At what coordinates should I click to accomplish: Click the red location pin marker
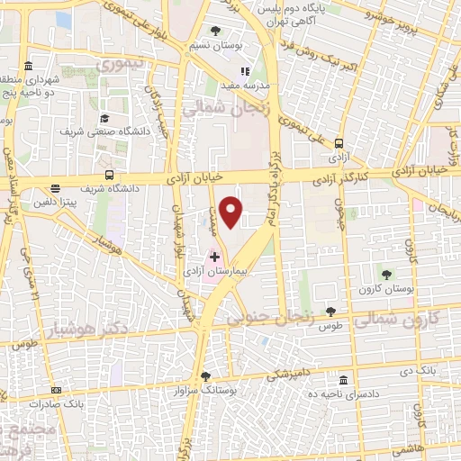click(231, 211)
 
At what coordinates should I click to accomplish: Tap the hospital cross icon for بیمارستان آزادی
click(214, 257)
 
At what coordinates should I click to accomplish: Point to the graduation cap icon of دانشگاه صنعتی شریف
click(104, 118)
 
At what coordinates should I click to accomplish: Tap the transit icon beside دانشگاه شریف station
click(109, 175)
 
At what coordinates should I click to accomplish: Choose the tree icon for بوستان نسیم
click(214, 32)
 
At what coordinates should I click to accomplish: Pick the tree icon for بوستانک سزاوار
click(205, 375)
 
